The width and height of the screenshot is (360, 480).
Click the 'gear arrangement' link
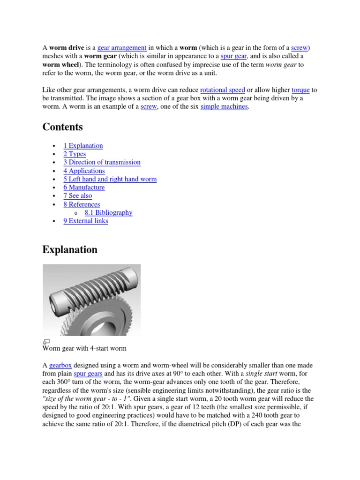122,48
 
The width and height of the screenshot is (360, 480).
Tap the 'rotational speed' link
222,90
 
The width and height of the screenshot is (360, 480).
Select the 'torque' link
300,90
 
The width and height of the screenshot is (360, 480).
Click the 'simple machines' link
225,107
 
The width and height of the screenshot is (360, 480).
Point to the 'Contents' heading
62,127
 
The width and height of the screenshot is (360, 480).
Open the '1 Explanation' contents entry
83,146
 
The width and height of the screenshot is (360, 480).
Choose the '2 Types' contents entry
75,154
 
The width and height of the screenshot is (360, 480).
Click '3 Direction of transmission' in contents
102,162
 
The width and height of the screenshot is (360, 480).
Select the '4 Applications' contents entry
84,171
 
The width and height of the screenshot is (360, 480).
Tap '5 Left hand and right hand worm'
110,179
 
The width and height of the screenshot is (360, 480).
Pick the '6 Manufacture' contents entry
84,187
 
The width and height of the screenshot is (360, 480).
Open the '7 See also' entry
77,196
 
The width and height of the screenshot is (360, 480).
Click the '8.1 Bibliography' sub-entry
108,213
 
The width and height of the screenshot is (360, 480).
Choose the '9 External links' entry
85,221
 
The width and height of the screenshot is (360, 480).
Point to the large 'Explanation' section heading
70,250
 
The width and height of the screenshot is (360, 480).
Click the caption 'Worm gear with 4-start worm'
84,349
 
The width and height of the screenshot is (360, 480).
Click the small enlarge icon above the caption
46,341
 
